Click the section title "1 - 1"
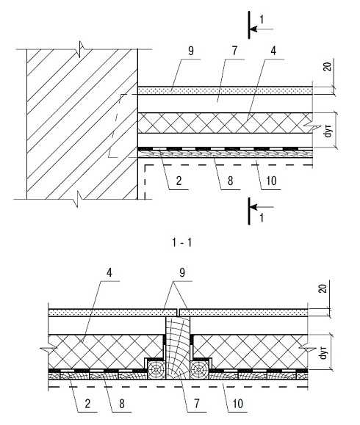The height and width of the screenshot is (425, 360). tap(181, 242)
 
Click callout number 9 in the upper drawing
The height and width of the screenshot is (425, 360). tap(191, 51)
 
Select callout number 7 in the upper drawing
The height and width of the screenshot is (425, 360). tap(234, 51)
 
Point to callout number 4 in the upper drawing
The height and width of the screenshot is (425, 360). tap(273, 51)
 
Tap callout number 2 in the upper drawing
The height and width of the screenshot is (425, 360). tap(179, 181)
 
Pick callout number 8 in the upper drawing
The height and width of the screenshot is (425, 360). tap(230, 181)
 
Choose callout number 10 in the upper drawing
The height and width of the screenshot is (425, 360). tap(271, 181)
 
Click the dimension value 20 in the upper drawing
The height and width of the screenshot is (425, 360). tap(328, 66)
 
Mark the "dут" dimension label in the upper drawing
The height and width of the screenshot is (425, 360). tap(328, 131)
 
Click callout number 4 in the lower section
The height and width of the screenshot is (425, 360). tap(109, 272)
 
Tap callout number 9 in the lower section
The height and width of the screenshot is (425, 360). tap(182, 272)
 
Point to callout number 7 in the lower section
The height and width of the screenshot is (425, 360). tap(196, 404)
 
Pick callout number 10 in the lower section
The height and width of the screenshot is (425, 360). tap(237, 404)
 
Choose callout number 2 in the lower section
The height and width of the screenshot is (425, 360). tap(87, 404)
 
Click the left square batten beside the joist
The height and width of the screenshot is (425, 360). tap(156, 370)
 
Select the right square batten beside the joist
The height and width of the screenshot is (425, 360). tap(200, 370)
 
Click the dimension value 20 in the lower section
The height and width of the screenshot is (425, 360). tap(323, 288)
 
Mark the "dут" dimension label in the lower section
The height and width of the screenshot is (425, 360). tap(323, 352)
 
